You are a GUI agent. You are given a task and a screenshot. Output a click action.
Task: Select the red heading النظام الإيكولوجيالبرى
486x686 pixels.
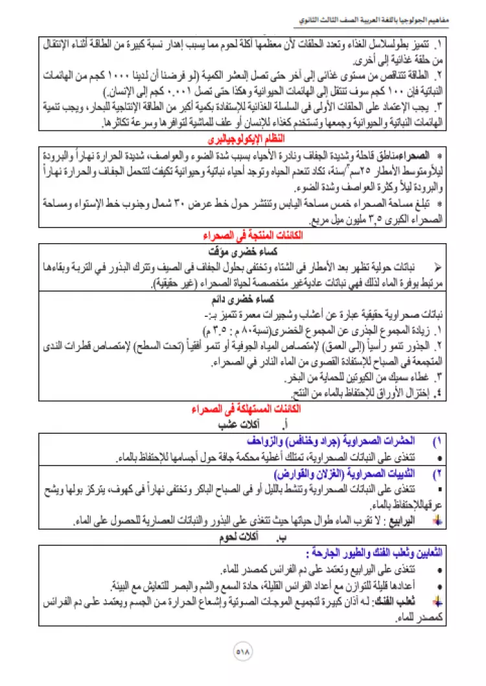coord(244,140)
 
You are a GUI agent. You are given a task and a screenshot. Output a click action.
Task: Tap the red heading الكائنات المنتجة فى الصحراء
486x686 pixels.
coord(244,236)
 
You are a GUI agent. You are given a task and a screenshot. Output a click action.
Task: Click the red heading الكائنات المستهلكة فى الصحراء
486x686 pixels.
coord(244,410)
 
